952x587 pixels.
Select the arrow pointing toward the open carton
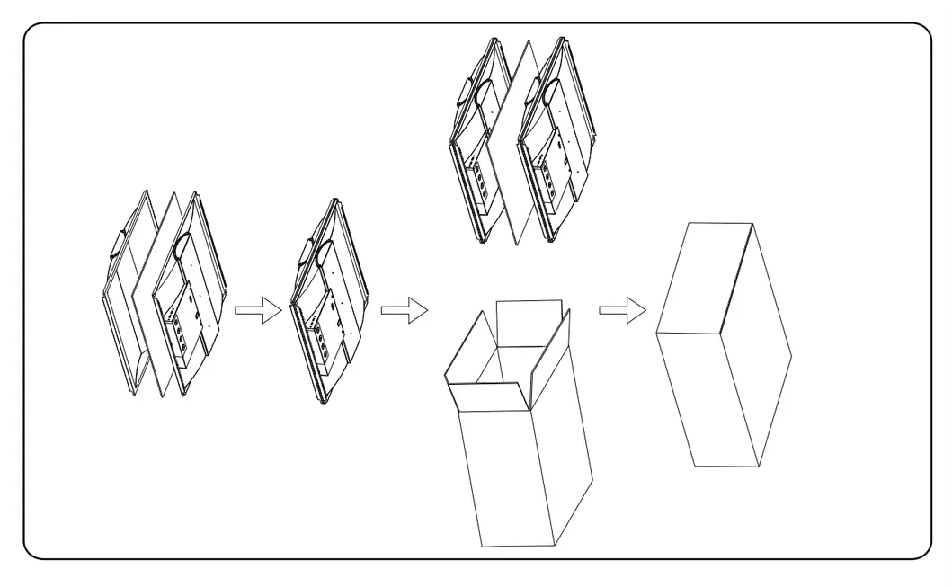[403, 311]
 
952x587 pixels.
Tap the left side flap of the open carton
[467, 346]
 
